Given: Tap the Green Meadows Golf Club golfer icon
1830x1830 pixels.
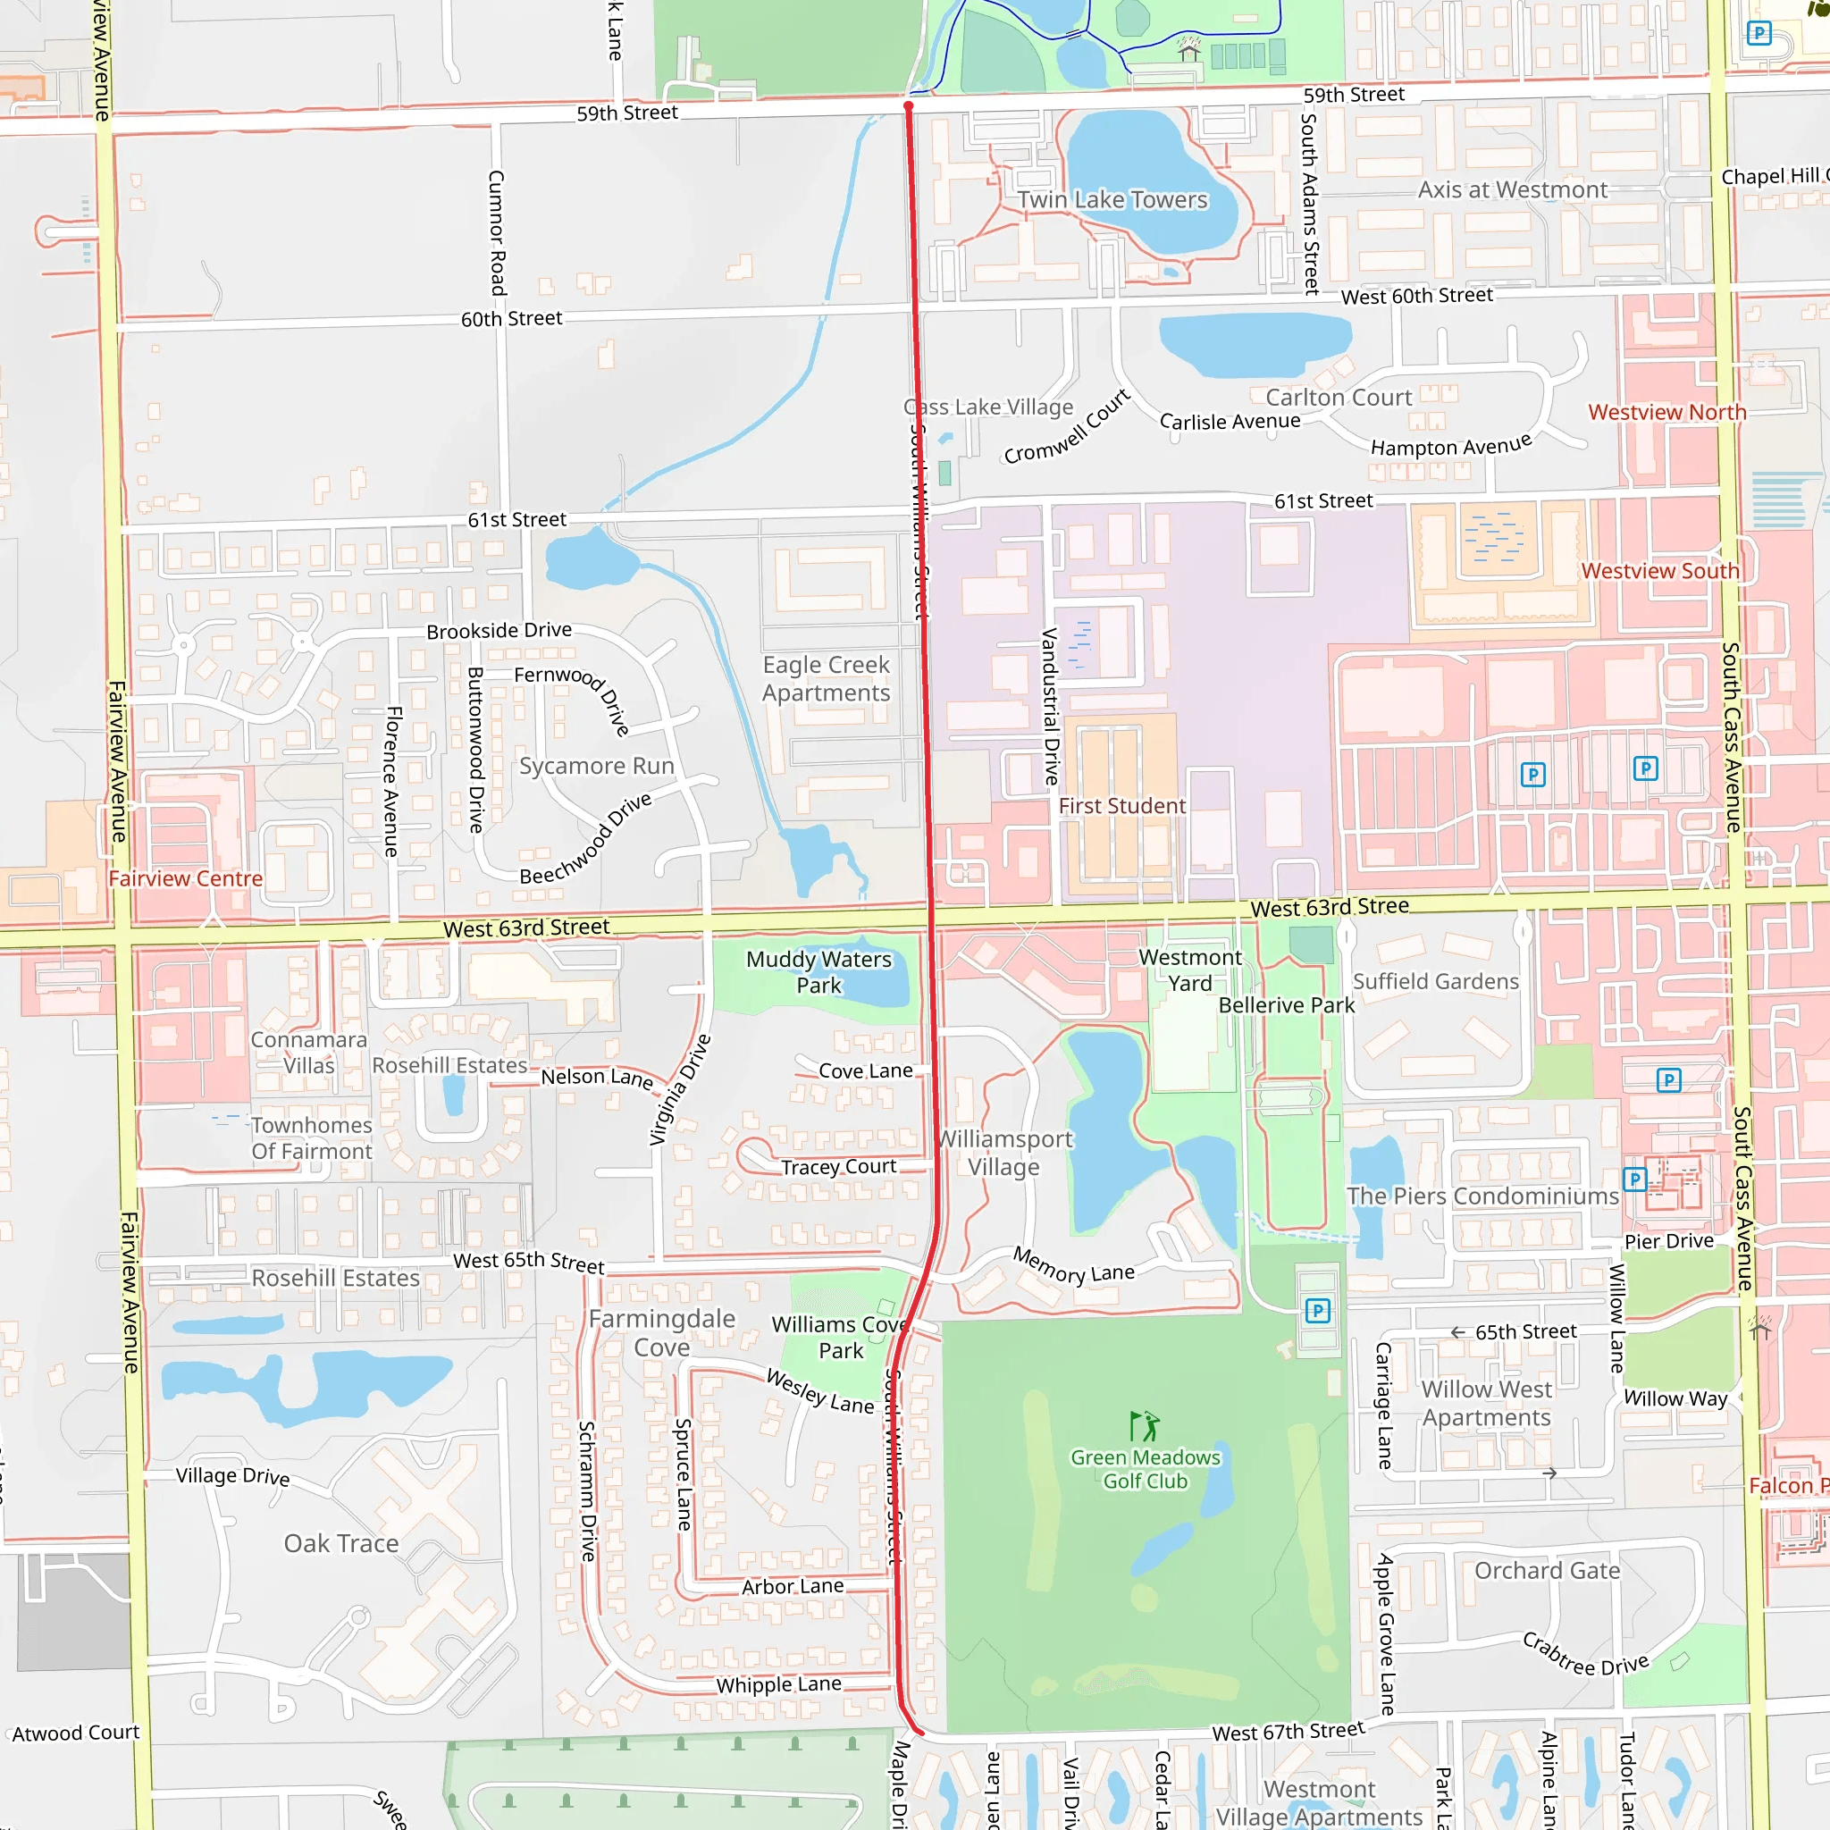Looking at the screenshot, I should pyautogui.click(x=1145, y=1425).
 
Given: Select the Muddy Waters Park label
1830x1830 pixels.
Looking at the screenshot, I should pyautogui.click(x=818, y=972).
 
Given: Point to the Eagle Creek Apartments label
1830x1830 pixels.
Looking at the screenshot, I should pyautogui.click(x=826, y=678).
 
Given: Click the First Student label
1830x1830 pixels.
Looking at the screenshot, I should pyautogui.click(x=1121, y=806).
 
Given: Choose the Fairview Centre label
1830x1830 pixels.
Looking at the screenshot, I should pyautogui.click(x=186, y=879).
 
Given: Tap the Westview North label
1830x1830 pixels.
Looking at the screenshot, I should pyautogui.click(x=1667, y=412).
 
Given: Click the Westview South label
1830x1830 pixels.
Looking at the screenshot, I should pyautogui.click(x=1660, y=571).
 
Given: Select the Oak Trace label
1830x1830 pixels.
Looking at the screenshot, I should pyautogui.click(x=341, y=1543).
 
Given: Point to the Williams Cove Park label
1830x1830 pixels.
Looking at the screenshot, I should pyautogui.click(x=840, y=1337).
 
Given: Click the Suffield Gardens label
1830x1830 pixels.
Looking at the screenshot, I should pyautogui.click(x=1435, y=981).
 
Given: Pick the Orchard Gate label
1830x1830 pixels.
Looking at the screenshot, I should pyautogui.click(x=1547, y=1571).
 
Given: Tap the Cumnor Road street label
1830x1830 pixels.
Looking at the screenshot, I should pyautogui.click(x=496, y=232).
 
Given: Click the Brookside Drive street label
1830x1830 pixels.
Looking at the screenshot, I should pyautogui.click(x=499, y=631).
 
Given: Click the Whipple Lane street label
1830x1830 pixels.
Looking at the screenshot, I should pyautogui.click(x=778, y=1685).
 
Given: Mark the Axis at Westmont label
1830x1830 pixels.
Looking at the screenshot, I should pyautogui.click(x=1512, y=190).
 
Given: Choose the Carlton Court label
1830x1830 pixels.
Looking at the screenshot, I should pyautogui.click(x=1339, y=398).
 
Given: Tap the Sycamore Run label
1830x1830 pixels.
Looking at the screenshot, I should pyautogui.click(x=596, y=766).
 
